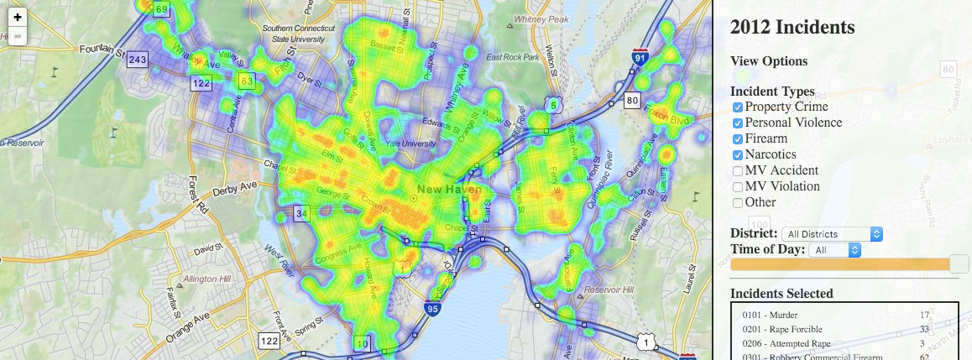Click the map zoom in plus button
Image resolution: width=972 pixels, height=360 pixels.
(x=18, y=16)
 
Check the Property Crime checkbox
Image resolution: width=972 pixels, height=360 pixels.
(x=738, y=107)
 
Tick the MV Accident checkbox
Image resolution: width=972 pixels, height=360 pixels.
(x=738, y=171)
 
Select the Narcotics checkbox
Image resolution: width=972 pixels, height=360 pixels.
(x=738, y=155)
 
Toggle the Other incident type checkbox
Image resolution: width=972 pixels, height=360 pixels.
(x=738, y=203)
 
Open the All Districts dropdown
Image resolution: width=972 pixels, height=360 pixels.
(x=831, y=234)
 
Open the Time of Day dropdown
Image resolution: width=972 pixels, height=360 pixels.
(x=835, y=250)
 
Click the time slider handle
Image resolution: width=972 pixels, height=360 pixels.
(x=959, y=264)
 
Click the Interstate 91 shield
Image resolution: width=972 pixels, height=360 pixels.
(x=640, y=58)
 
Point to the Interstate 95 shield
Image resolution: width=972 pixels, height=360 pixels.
(x=432, y=310)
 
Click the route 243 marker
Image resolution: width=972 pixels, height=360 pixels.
(x=138, y=60)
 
